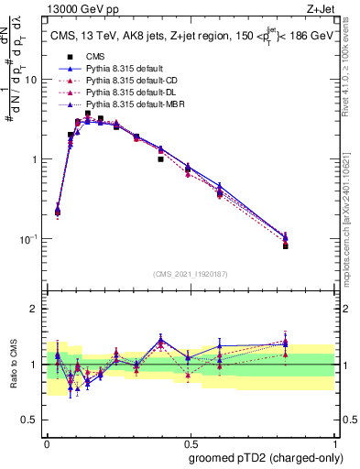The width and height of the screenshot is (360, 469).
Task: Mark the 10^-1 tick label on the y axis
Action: [30, 239]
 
